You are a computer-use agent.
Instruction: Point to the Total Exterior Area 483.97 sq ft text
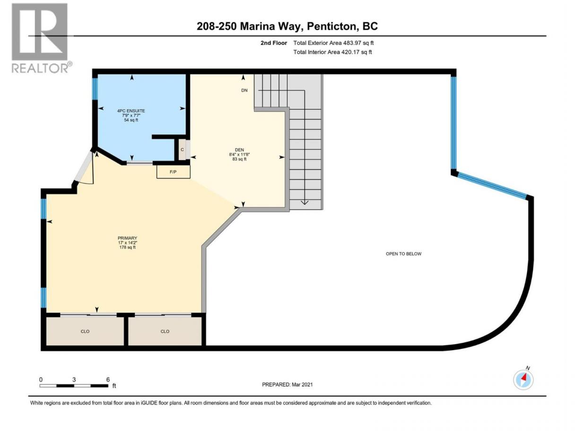coord(333,43)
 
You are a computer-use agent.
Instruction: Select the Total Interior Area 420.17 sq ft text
coord(332,52)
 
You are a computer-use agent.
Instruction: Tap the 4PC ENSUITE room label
coord(131,111)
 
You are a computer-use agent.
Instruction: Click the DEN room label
coord(239,150)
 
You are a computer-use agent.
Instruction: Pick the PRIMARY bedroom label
coord(127,238)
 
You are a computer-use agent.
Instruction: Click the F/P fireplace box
coord(173,172)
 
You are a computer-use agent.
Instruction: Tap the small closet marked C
coord(182,150)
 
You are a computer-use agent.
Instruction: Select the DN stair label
coord(244,90)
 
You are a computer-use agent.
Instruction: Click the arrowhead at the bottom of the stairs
coord(305,202)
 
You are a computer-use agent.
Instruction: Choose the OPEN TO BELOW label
coord(403,254)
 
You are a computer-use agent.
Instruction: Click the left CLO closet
coord(85,331)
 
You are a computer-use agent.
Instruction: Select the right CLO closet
coord(165,331)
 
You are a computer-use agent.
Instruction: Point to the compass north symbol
coord(523,379)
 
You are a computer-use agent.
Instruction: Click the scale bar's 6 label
coord(108,379)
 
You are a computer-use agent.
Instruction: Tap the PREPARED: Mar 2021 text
coord(287,385)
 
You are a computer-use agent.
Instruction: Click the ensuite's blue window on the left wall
coord(95,89)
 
